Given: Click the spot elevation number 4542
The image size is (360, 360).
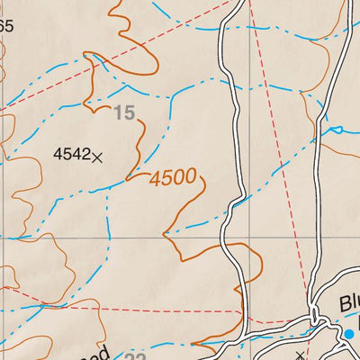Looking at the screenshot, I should (x=71, y=154).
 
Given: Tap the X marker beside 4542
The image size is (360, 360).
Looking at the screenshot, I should (x=97, y=156).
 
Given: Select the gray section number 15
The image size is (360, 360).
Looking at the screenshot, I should (x=124, y=113).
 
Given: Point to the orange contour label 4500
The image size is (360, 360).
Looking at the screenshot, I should (x=173, y=178).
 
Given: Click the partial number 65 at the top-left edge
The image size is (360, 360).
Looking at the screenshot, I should (x=6, y=26).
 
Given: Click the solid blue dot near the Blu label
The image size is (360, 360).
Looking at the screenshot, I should (x=349, y=335).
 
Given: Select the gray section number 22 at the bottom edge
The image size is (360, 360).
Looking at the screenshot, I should (x=135, y=357).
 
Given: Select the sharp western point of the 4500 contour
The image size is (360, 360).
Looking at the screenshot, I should (x=163, y=236).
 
